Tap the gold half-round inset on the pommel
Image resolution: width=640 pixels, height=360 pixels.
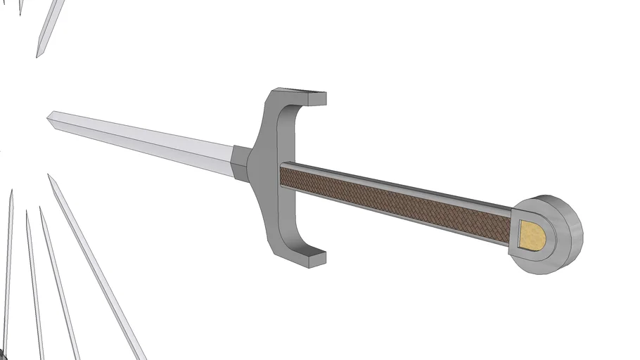[x=532, y=234]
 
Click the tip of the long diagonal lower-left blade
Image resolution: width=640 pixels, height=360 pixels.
[x=50, y=176]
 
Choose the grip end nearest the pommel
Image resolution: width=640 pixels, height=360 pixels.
[x=508, y=226]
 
